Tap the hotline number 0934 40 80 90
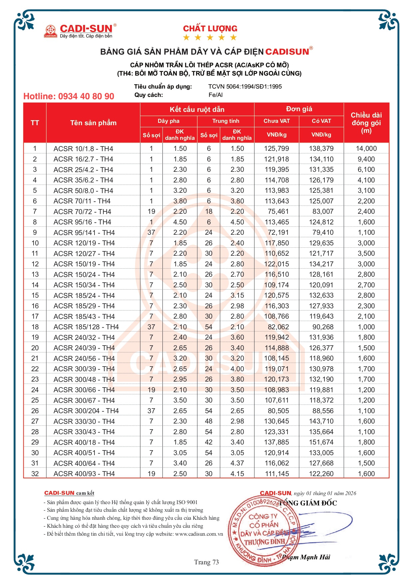pos(69,97)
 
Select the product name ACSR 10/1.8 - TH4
pos(83,148)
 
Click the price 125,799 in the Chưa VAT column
pos(277,148)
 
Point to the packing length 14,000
pos(366,148)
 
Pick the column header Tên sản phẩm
pos(93,123)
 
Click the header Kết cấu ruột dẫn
pos(197,110)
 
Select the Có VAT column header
pos(321,121)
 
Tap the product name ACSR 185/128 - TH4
pos(86,327)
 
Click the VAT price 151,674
pos(321,442)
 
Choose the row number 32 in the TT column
pos(35,474)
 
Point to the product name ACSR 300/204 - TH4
pos(86,411)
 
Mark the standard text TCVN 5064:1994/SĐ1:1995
pos(245,87)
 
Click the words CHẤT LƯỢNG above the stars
pos(210,29)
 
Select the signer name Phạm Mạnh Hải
pos(306,557)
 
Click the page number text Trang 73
pos(206,562)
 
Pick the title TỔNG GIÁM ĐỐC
pos(308,503)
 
